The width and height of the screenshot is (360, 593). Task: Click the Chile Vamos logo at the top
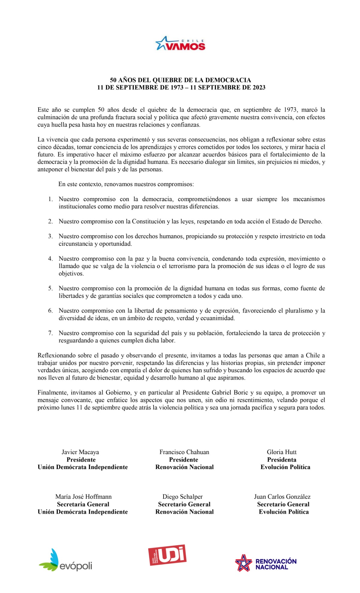pos(180,44)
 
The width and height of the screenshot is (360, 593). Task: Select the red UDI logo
pos(167,555)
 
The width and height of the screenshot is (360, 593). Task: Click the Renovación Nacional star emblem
pos(244,563)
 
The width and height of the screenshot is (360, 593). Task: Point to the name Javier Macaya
pos(80,452)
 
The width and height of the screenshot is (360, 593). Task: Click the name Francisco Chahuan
pos(184,452)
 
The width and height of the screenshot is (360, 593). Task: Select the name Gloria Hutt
pos(281,452)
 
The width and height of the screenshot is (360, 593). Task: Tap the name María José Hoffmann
pos(83,497)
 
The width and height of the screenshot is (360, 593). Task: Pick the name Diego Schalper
pos(182,497)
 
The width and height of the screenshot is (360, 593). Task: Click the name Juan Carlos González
pos(282,497)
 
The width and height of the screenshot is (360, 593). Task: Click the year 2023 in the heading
pos(258,87)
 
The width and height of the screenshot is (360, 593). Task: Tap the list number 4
pos(50,259)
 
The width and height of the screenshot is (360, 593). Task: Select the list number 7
pos(50,333)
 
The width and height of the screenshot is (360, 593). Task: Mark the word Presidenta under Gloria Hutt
pos(281,459)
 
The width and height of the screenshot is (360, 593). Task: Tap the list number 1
pos(50,199)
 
